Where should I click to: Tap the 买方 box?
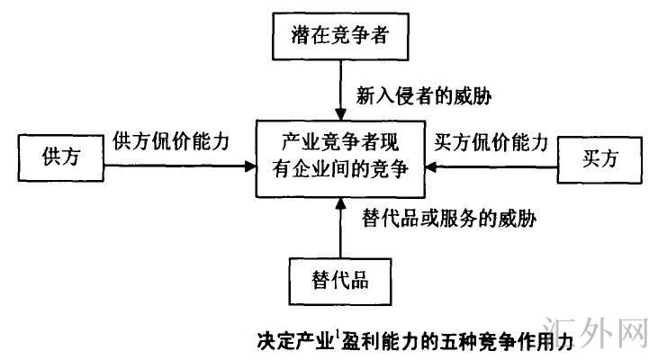(599, 158)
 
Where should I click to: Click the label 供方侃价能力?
(171, 140)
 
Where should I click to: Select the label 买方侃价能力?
(490, 141)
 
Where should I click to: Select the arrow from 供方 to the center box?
(180, 164)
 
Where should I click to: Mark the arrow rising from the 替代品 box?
(340, 229)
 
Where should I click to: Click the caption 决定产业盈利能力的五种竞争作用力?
(414, 342)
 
